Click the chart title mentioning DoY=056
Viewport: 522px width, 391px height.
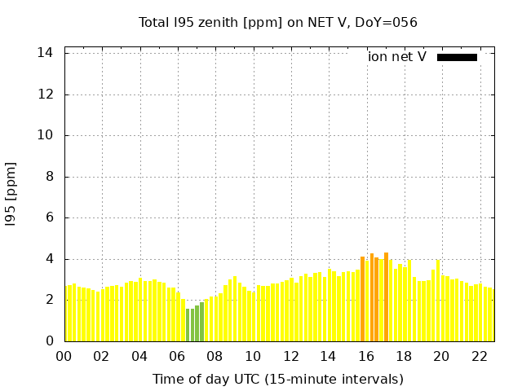click(278, 23)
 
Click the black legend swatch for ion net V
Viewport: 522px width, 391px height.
click(457, 57)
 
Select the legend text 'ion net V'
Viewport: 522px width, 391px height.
click(397, 57)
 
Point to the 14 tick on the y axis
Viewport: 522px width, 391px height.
click(46, 53)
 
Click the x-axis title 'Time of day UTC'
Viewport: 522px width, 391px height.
click(278, 379)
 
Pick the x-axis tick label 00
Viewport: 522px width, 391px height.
click(64, 357)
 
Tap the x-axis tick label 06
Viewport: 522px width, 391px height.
click(177, 357)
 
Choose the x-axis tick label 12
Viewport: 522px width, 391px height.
click(290, 357)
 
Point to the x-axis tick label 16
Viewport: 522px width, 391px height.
click(366, 357)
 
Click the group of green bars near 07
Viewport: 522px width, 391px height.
click(194, 324)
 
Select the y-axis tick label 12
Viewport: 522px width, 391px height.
click(46, 94)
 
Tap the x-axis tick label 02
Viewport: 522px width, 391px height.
click(101, 357)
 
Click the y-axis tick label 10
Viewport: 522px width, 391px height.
click(46, 136)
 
